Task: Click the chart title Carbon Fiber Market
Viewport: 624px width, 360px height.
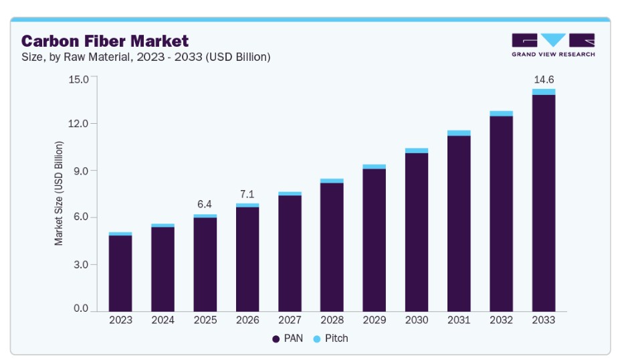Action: tap(104, 41)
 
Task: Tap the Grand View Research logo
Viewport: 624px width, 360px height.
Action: tap(553, 45)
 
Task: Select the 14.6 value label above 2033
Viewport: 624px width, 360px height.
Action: tap(544, 80)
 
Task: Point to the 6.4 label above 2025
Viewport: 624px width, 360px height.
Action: tap(205, 204)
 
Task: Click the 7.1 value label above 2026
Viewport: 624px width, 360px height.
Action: tap(247, 194)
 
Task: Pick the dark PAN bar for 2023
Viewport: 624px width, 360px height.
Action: tap(120, 274)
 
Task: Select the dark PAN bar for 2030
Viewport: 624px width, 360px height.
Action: tap(417, 232)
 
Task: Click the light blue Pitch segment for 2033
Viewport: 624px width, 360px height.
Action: tap(544, 92)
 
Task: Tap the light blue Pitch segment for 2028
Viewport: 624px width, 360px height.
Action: tap(332, 181)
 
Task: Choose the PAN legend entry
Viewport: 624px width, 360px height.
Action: tap(288, 339)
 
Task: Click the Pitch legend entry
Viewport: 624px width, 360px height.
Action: tap(330, 339)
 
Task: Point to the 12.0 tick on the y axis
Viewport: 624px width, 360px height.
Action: tap(78, 123)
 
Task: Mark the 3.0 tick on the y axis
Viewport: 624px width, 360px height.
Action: tap(81, 264)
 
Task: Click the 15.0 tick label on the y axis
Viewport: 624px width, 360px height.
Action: tap(78, 79)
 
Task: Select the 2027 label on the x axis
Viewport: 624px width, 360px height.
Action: tap(290, 320)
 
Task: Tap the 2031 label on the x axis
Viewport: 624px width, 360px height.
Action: tap(459, 320)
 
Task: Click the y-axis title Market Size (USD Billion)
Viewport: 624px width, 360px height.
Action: tap(58, 193)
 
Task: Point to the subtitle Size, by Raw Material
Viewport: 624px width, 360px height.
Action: tap(76, 57)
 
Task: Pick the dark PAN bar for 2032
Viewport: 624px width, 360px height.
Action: tap(501, 214)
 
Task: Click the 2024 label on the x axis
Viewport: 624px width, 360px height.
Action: tap(163, 320)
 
